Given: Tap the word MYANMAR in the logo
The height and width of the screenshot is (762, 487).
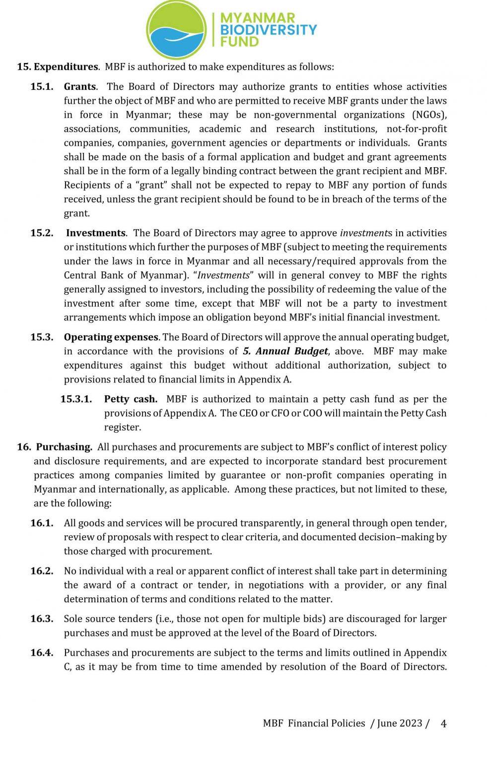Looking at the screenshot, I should point(258,18).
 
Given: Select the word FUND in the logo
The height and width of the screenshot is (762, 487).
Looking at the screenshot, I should point(240,41).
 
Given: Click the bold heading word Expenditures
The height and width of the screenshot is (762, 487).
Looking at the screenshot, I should point(66,66).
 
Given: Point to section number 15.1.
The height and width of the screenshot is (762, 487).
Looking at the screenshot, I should point(42,86).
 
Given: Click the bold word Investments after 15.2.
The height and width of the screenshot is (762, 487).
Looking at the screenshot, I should point(96,233).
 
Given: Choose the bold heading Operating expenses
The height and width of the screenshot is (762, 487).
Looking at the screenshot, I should point(111,337).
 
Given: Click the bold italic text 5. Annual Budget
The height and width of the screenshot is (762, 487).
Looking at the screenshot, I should point(285,351).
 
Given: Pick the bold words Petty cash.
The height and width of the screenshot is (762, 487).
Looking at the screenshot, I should point(131,399).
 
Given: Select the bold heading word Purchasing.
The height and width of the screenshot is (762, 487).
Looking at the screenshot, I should point(64,446).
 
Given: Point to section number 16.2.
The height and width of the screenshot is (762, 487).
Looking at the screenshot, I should point(42,571).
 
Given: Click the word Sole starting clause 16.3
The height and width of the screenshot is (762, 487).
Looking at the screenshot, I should point(74,619).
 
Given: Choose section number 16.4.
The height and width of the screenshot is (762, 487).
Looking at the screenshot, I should point(42,652).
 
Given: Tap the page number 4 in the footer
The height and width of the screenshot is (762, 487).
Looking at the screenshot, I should point(443,723).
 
